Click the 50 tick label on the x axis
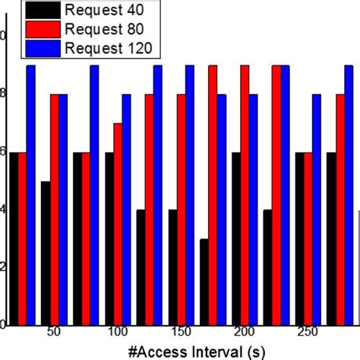click(54, 333)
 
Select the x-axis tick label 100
click(118, 333)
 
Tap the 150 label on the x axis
click(181, 333)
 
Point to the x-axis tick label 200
click(245, 333)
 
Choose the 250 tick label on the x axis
click(308, 333)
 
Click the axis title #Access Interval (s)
click(180, 350)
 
